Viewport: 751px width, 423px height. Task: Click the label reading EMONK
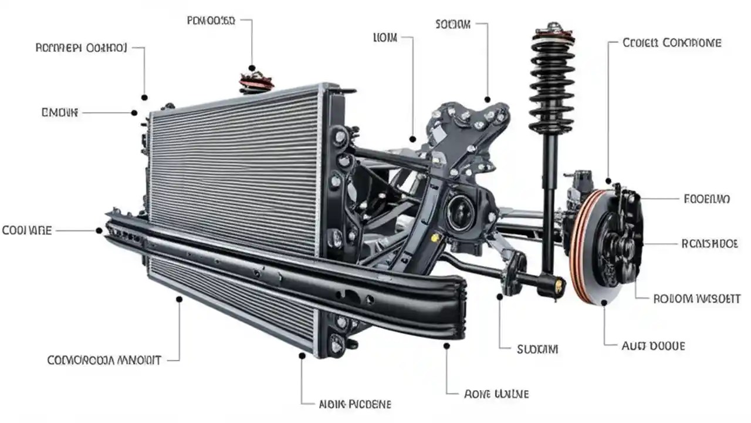59,112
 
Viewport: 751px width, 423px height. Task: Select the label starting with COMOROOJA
104,360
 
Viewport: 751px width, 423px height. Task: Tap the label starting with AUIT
653,346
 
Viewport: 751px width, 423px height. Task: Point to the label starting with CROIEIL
672,43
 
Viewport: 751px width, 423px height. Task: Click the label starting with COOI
27,230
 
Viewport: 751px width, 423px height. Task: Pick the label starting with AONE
496,393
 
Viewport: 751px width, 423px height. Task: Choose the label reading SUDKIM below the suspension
537,350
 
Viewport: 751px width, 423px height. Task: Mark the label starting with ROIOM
696,298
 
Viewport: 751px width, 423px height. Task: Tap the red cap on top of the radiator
256,82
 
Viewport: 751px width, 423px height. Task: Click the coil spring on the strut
552,82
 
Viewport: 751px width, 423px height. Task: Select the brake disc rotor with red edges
587,247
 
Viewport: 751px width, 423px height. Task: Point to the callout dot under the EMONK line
134,112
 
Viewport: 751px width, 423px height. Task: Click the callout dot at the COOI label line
99,230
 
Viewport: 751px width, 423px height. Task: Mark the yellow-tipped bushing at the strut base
558,286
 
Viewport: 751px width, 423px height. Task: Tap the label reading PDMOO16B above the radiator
211,21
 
